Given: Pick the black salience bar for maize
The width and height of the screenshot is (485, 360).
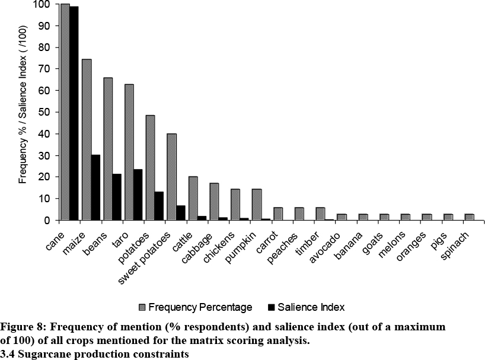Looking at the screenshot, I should [x=95, y=187].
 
